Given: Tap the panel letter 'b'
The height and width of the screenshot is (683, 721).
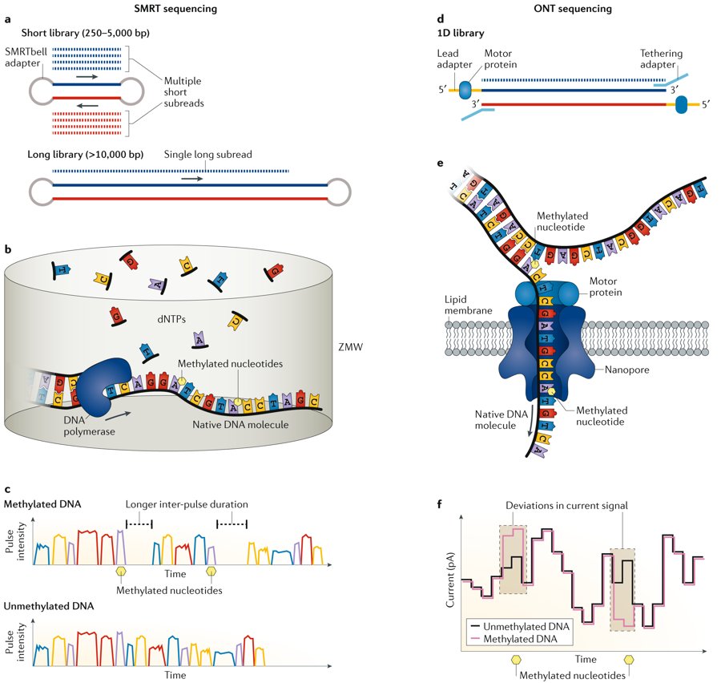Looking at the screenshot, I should tap(8, 250).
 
